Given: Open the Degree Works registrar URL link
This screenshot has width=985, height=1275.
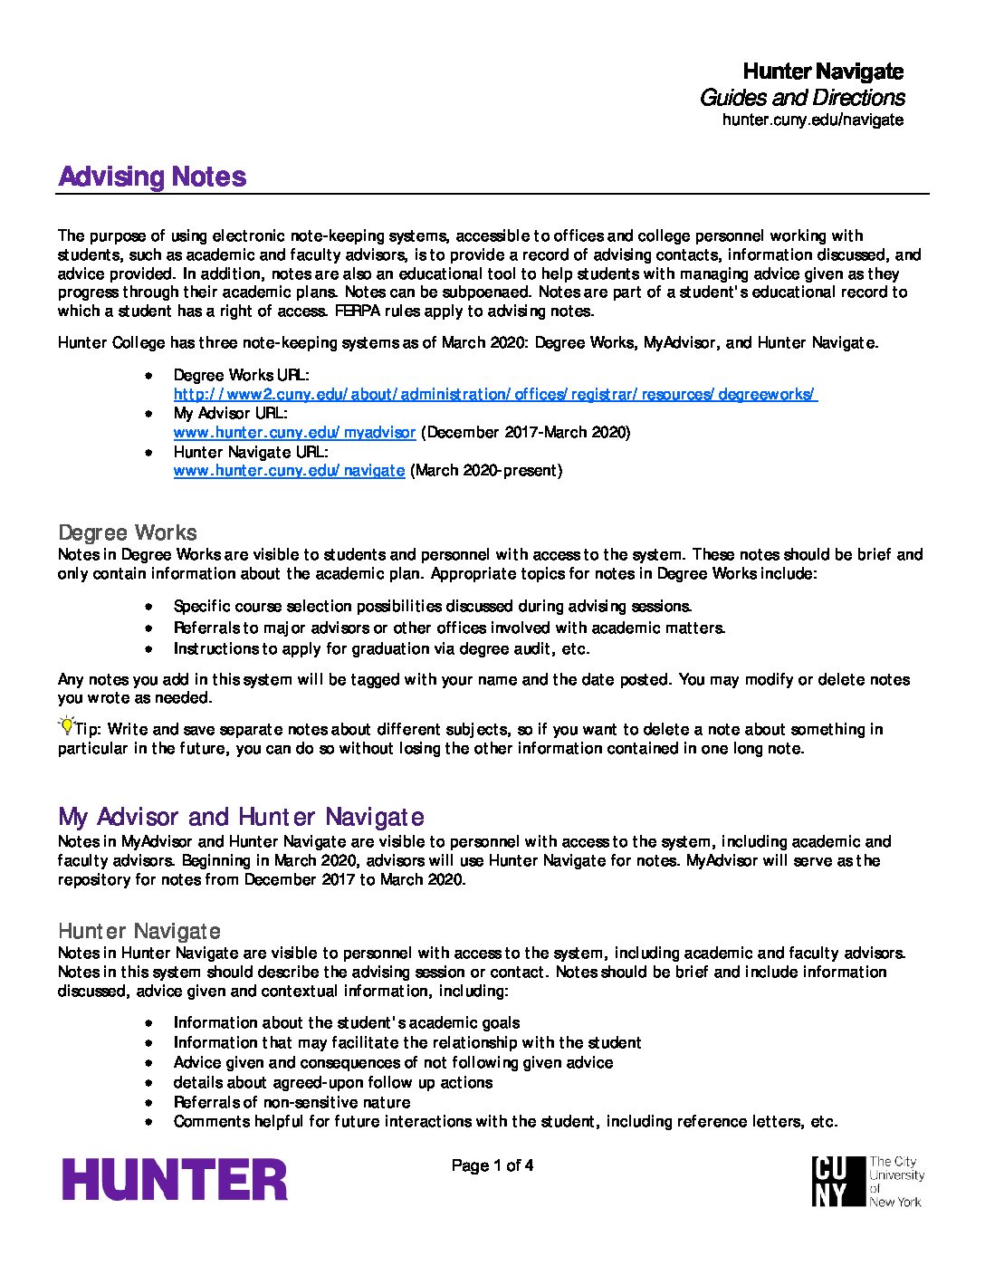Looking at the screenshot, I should (x=495, y=394).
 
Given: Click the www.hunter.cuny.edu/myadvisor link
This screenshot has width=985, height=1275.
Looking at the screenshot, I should (x=294, y=432).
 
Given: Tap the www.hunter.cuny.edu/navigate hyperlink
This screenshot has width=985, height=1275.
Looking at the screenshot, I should (x=289, y=470).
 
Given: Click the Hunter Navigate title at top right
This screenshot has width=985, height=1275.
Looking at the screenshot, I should (x=822, y=71).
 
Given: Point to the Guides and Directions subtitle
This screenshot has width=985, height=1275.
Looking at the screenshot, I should (x=801, y=97).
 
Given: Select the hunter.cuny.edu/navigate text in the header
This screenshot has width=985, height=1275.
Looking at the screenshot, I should (x=812, y=120).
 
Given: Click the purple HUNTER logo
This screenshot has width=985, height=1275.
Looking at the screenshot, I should (x=175, y=1180).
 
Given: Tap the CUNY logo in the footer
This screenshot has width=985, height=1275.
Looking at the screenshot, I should (x=866, y=1181).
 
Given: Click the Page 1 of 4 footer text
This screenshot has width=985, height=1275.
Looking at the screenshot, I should (x=492, y=1165).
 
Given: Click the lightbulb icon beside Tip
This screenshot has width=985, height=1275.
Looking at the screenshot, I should (x=66, y=725).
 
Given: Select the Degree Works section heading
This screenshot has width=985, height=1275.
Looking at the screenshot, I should (x=127, y=532).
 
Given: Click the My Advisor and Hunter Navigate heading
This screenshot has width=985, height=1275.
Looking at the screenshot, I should (x=241, y=817).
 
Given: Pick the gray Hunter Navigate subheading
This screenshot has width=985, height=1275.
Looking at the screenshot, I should (x=139, y=931).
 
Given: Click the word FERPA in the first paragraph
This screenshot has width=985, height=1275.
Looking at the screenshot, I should (x=358, y=311).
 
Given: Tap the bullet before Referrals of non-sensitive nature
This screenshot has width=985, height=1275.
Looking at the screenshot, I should (x=148, y=1102).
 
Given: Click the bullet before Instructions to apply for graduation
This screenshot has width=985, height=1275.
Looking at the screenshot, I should (x=148, y=648).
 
